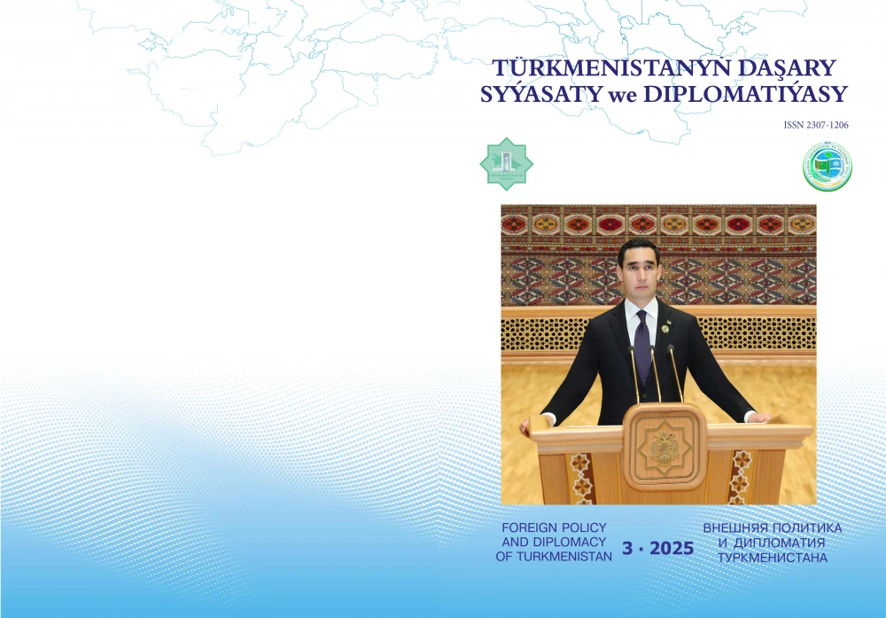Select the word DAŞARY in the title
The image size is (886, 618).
coord(792,68)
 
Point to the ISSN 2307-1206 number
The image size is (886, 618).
coord(816,125)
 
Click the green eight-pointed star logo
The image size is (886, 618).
coord(505,163)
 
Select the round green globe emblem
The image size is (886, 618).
coord(828,167)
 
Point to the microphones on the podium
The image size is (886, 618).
coord(657,372)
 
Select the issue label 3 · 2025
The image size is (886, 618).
coord(658,550)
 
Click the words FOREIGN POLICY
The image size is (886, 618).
coord(551,527)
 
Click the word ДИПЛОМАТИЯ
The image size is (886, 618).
coord(780,543)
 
